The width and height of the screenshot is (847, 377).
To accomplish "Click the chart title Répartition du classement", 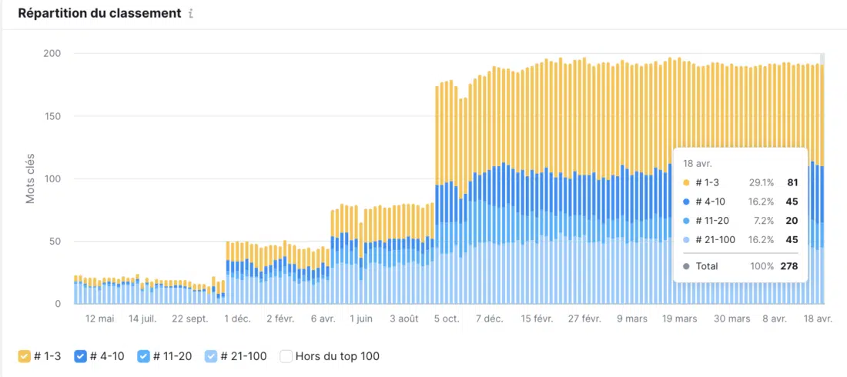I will coord(99,14).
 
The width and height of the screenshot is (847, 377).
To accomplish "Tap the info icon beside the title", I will coord(191,15).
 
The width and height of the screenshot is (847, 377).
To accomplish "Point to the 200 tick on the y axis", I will coord(52,53).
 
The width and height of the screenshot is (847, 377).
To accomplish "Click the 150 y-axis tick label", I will coord(52,116).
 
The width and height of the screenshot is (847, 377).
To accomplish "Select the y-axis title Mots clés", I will coord(31,178).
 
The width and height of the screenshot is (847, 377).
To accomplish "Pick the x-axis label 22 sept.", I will coord(190,319).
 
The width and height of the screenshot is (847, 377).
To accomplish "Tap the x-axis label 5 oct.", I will coord(447,319).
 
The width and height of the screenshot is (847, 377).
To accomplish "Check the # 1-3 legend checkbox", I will coord(25,356).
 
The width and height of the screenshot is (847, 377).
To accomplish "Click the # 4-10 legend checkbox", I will coord(80,356).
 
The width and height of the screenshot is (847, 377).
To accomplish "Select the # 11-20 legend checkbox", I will coord(143,356).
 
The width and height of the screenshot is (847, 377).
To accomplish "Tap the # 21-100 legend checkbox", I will coord(211,356).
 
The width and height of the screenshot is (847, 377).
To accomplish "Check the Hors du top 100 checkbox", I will coord(286,356).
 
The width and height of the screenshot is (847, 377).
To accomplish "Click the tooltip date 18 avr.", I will coord(698,164).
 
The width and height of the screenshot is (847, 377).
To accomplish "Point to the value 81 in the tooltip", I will coord(792,182).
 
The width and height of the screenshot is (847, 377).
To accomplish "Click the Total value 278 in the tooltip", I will coord(788,266).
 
